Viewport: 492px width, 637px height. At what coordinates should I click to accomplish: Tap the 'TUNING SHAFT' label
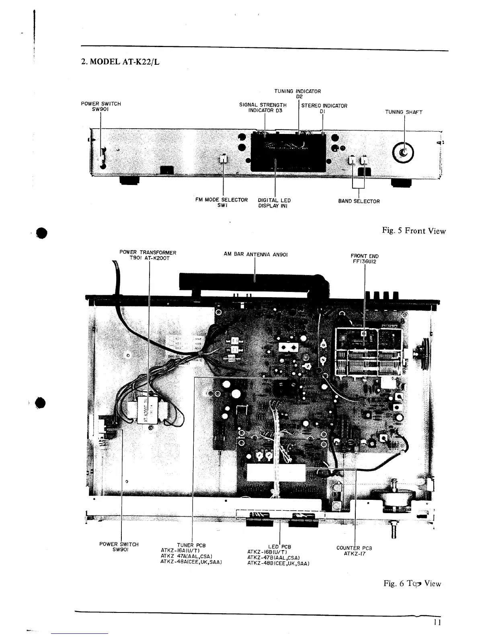(x=404, y=112)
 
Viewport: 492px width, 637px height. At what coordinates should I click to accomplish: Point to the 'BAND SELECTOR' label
(x=359, y=201)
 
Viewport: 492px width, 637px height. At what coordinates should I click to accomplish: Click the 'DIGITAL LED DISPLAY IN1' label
(x=274, y=203)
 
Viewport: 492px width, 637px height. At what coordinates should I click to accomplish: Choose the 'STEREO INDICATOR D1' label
(x=324, y=109)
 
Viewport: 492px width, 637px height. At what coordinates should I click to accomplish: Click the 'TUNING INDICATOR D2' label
(x=297, y=94)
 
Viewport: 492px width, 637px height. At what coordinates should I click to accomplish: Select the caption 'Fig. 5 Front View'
(x=414, y=231)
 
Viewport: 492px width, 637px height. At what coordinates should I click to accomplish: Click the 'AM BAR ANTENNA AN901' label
(x=256, y=255)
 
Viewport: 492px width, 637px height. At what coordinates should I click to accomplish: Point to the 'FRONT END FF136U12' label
(x=365, y=258)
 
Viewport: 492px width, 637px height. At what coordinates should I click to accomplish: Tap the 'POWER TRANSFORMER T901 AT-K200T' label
(x=148, y=255)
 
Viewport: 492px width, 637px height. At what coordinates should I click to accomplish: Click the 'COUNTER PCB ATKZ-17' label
(x=354, y=551)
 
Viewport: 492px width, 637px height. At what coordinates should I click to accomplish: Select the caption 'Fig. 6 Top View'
(x=412, y=584)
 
